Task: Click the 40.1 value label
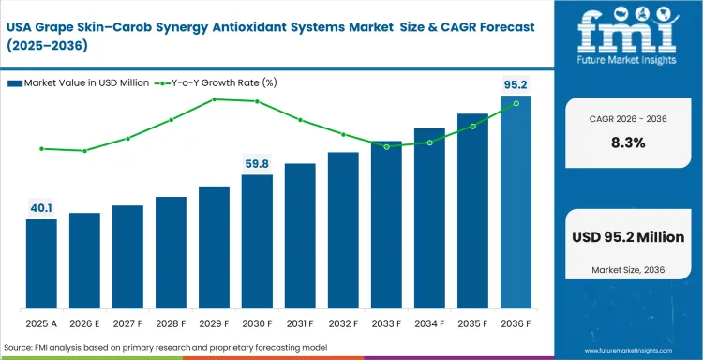click(41, 208)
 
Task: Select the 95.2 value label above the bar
click(516, 84)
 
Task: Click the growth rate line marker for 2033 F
click(386, 146)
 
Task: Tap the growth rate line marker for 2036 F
click(516, 103)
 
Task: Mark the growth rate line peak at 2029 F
click(214, 98)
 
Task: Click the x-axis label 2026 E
click(84, 323)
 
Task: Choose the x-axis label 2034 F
click(429, 323)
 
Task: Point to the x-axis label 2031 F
click(300, 323)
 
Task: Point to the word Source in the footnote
click(19, 348)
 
